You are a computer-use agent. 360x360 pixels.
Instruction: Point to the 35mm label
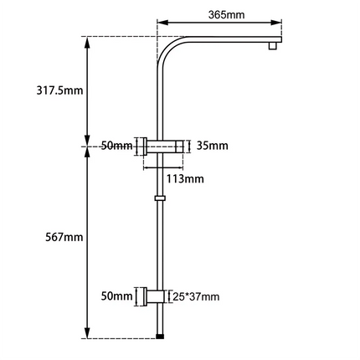tap(213, 147)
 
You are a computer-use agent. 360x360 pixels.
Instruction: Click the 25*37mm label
tap(196, 296)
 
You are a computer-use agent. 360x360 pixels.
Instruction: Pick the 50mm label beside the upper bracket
tap(116, 147)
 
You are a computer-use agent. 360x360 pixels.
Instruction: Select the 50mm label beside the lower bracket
tap(116, 296)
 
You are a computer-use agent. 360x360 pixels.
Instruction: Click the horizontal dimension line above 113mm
tap(167, 167)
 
